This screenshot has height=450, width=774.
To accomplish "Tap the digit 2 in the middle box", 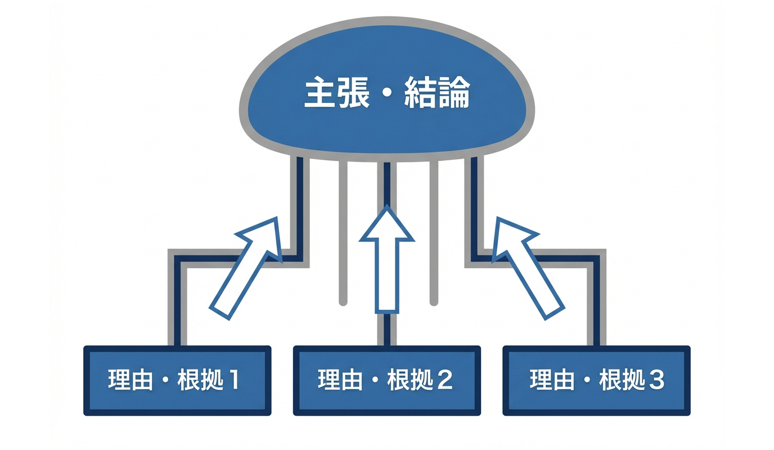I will (444, 381).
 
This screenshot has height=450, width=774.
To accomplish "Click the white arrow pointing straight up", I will (387, 264).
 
